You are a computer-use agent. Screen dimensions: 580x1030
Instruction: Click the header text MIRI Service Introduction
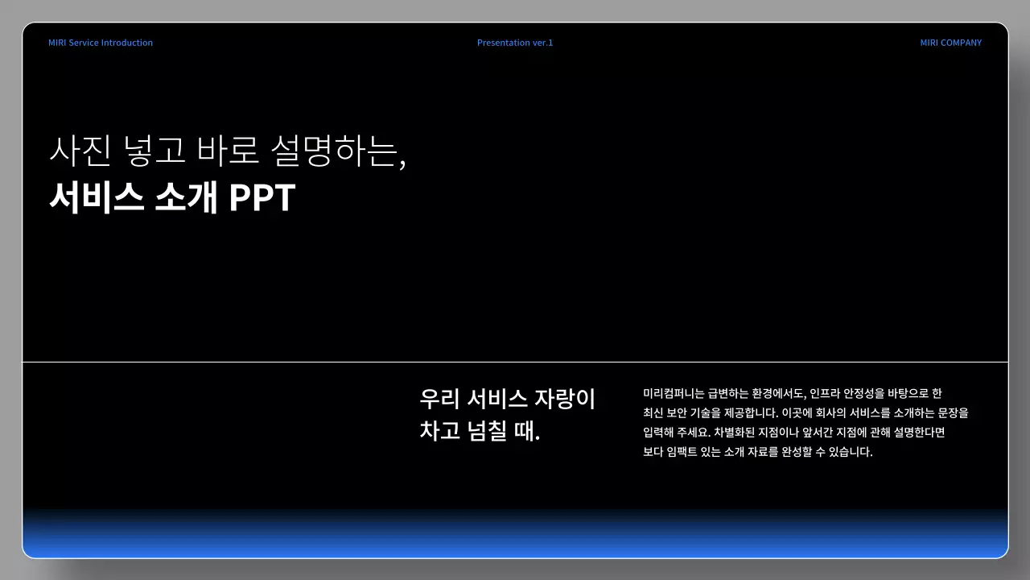(x=101, y=43)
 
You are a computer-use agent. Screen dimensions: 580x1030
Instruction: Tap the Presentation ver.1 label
(x=515, y=43)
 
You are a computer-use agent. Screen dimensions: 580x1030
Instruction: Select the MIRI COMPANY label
(x=950, y=43)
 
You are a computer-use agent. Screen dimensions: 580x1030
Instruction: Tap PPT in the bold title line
(x=262, y=198)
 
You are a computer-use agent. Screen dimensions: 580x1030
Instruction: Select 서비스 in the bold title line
(x=97, y=198)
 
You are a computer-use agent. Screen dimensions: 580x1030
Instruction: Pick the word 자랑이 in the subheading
(x=565, y=399)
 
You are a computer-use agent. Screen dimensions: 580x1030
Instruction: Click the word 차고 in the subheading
(x=439, y=431)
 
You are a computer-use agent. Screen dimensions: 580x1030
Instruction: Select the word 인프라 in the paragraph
(x=824, y=394)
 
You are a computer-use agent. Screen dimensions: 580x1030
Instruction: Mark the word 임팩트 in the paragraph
(x=685, y=452)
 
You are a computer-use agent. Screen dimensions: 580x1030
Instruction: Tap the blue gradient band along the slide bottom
(x=515, y=538)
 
